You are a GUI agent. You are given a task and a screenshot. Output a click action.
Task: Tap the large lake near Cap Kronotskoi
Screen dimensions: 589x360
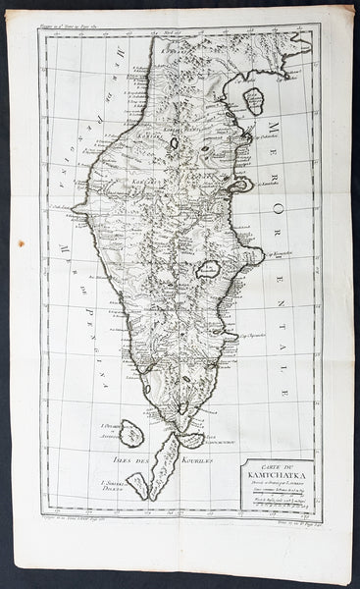(209, 268)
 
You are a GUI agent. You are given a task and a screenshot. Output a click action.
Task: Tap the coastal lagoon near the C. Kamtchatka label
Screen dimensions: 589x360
(240, 184)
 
